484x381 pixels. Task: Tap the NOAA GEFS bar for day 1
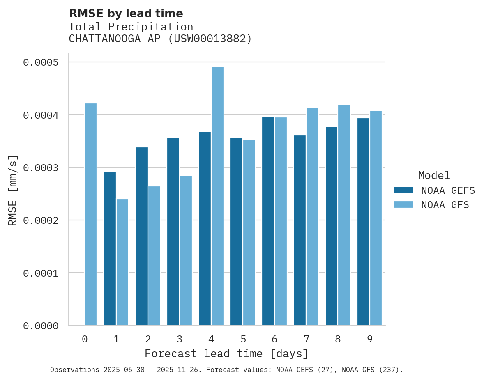tap(110, 249)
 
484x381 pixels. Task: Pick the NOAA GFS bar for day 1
tap(122, 262)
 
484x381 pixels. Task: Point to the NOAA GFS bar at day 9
tap(376, 218)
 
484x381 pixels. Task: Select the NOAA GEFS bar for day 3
tap(173, 232)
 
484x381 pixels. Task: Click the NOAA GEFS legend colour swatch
tap(403, 190)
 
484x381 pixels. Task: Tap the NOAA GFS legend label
tap(445, 205)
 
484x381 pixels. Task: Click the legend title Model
tap(434, 175)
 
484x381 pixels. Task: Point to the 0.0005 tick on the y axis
tap(41, 62)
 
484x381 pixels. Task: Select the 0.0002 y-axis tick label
tap(41, 220)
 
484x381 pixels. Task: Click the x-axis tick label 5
tap(243, 340)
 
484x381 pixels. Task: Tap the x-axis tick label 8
tap(338, 340)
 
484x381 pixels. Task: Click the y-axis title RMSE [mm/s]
tap(13, 190)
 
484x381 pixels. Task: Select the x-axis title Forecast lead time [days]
tap(226, 353)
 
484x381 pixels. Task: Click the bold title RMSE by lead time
tap(126, 14)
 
